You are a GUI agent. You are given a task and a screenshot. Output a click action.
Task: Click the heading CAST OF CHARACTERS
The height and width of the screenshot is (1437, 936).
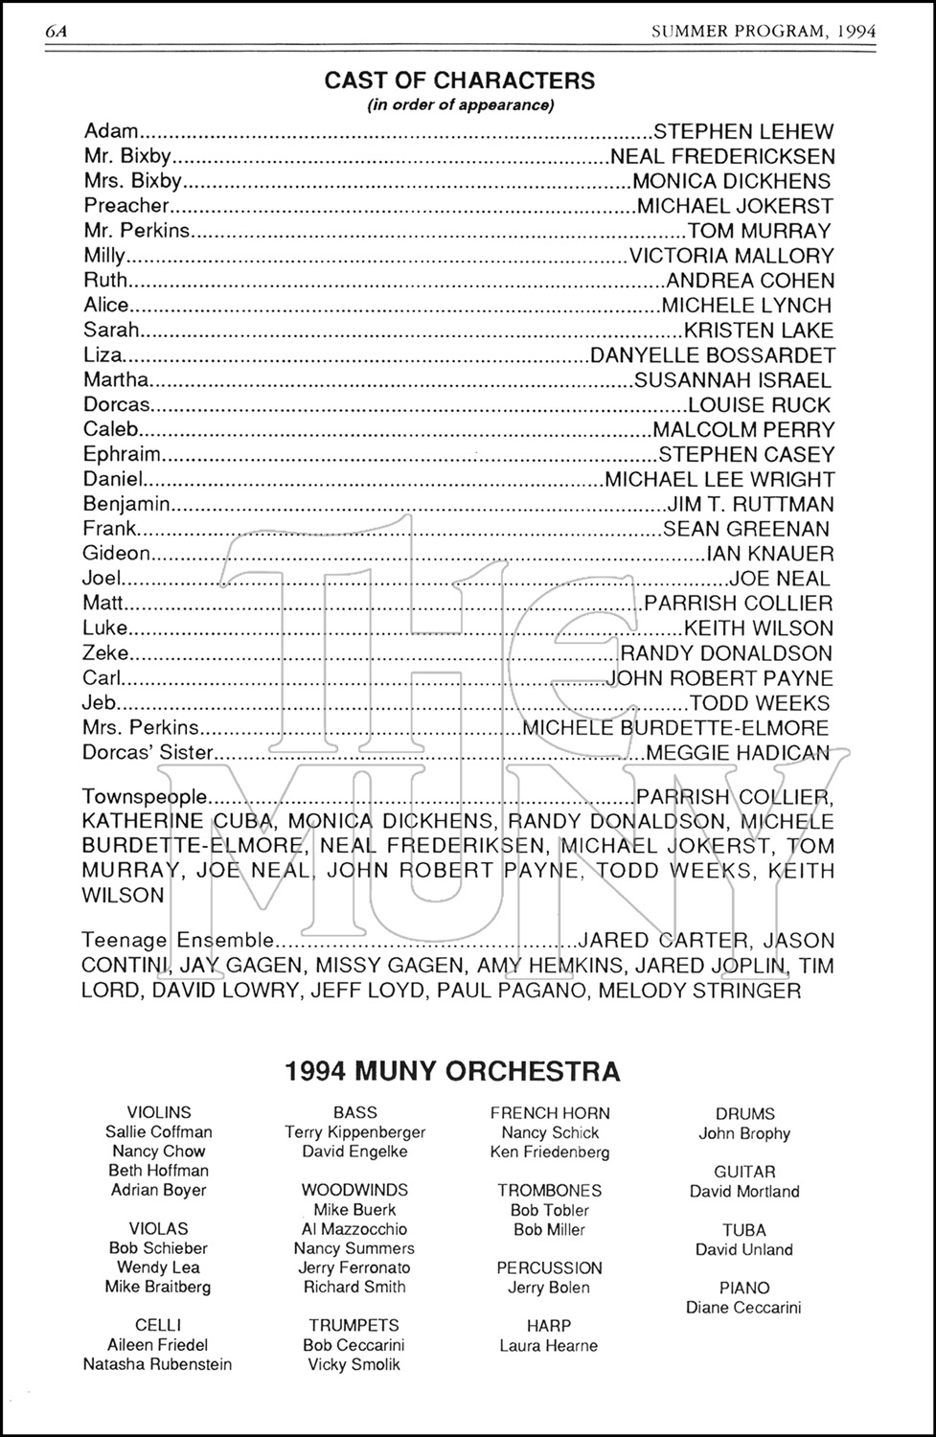tap(460, 80)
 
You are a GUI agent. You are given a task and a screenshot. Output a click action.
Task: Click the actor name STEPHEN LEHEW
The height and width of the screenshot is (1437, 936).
tap(742, 131)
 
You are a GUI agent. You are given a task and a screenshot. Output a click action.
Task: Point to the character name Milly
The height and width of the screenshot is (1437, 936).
tap(104, 256)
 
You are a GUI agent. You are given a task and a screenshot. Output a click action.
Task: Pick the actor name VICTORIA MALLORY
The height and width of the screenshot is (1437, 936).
tap(731, 256)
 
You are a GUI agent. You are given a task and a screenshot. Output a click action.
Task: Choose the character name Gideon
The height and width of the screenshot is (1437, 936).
tap(117, 553)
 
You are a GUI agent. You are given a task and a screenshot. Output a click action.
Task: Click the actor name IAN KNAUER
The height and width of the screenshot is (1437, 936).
tap(769, 553)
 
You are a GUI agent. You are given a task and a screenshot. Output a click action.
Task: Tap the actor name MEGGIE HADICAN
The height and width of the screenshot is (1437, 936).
tap(738, 753)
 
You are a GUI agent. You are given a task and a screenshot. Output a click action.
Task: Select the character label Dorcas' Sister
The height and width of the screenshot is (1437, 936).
tap(148, 753)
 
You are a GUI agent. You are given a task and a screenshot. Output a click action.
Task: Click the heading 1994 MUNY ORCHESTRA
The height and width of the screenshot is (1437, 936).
tap(452, 1071)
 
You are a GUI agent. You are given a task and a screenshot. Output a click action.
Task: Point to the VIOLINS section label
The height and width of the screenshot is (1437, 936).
tap(159, 1112)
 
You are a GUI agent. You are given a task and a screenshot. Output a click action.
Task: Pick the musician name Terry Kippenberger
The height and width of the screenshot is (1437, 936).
tap(354, 1132)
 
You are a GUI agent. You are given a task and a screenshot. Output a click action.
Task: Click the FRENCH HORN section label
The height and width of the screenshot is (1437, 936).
tap(550, 1113)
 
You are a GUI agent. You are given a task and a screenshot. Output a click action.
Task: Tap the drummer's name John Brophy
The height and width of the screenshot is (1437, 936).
tap(744, 1133)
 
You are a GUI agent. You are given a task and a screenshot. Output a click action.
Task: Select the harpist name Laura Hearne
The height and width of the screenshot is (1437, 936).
tap(549, 1346)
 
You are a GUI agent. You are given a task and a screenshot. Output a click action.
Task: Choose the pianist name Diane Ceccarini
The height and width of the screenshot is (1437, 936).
tap(743, 1308)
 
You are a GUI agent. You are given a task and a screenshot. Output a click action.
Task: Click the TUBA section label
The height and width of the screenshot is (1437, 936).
tap(744, 1230)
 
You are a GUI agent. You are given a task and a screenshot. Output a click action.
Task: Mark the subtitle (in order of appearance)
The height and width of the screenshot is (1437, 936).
tap(460, 105)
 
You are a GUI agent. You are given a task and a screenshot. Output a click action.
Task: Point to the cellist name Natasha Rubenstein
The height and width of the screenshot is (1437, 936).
tap(157, 1364)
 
